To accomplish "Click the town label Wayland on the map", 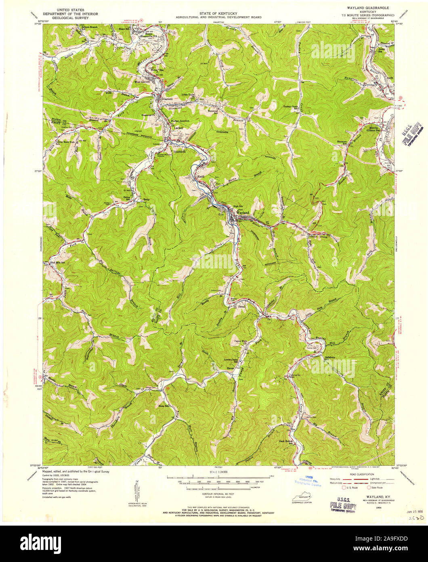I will coord(243,212).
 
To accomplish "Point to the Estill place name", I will coord(199,176).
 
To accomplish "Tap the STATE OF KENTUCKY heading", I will coord(218,14).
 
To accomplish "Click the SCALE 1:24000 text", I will coord(218,472).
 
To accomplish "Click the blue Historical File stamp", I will coord(306,481).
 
